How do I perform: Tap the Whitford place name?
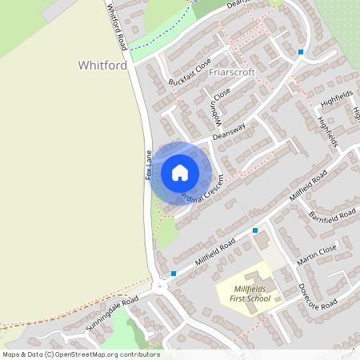(103, 65)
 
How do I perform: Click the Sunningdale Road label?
(114, 309)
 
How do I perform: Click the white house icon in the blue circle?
(180, 172)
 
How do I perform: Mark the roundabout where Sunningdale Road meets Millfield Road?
(160, 286)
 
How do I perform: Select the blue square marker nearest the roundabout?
(173, 274)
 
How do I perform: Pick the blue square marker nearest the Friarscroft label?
(301, 52)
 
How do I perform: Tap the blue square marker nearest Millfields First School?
(255, 230)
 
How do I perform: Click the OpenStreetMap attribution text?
(81, 354)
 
